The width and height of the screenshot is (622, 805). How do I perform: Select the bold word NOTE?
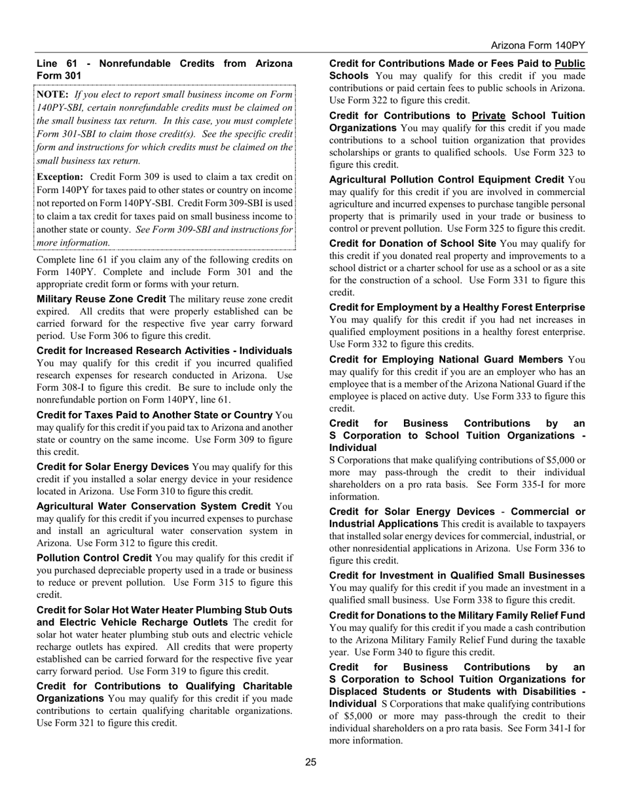point(52,95)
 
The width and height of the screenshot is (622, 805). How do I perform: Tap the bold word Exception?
point(60,177)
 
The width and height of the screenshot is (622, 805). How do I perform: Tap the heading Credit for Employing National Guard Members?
point(446,359)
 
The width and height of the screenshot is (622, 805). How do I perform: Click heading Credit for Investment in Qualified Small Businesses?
point(457,575)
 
